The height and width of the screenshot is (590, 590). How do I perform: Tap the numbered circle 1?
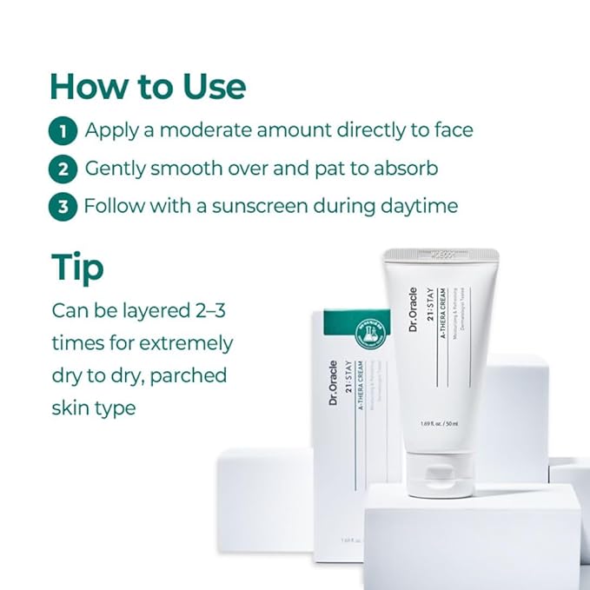(x=63, y=132)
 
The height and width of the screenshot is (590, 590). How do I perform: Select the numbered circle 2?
(x=63, y=169)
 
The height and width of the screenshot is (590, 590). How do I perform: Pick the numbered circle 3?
(x=63, y=208)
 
